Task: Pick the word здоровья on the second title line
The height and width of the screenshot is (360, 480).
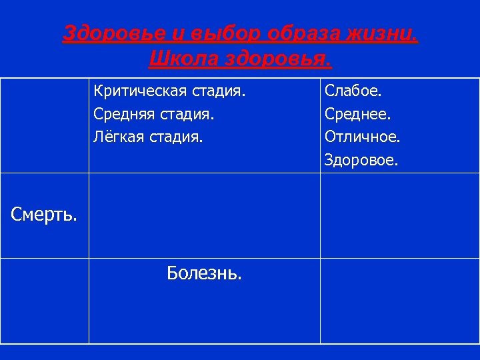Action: coord(277,59)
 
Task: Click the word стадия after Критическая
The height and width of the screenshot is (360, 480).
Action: coord(219,89)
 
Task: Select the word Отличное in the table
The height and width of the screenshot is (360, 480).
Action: coord(363,137)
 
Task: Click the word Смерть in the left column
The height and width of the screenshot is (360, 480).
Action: coord(44,215)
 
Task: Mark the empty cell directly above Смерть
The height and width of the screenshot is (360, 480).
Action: coord(45,126)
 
